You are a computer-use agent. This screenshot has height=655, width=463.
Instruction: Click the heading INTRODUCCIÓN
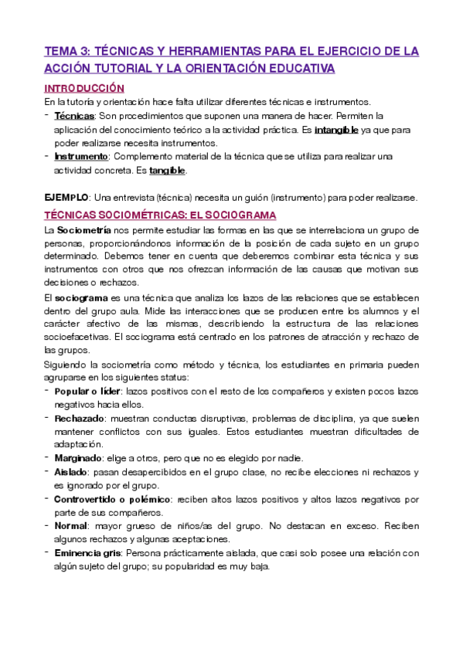84,88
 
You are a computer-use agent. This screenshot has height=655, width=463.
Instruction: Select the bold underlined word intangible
336,129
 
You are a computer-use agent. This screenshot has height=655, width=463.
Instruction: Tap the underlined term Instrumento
80,157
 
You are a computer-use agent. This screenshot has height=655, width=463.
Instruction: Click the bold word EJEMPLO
66,197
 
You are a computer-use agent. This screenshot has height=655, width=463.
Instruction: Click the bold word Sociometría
83,230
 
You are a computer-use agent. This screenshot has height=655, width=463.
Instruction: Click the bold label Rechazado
80,418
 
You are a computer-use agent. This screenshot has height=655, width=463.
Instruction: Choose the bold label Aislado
71,471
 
